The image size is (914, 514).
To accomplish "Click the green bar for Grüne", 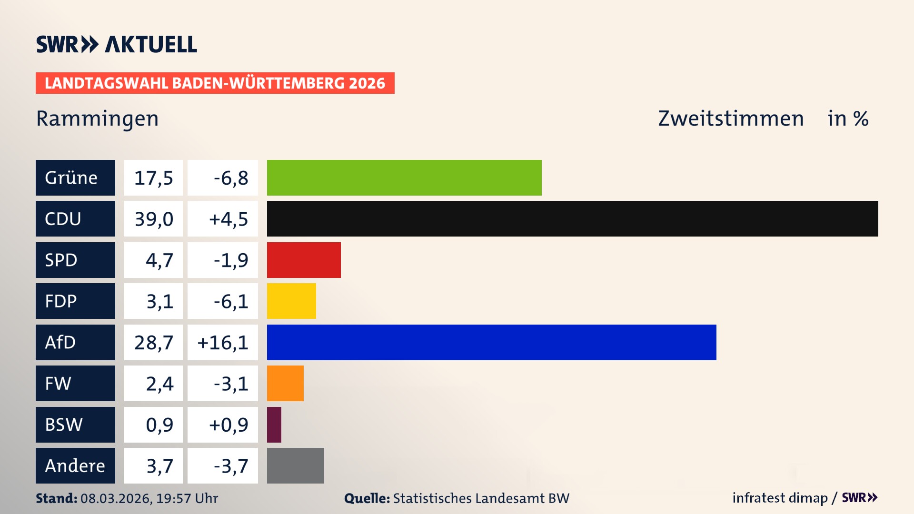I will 404,178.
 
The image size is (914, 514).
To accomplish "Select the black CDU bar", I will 572,219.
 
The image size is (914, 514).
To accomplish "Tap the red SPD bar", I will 304,260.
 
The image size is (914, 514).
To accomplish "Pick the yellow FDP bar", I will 291,301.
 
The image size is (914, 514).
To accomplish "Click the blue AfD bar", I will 491,342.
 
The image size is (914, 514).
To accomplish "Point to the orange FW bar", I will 285,383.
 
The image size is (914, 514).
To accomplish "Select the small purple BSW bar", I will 274,425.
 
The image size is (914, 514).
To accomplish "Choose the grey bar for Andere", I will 295,465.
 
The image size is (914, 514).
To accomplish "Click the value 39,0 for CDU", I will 153,219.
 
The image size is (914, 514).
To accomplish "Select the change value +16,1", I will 223,342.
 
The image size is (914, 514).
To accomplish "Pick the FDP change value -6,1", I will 230,301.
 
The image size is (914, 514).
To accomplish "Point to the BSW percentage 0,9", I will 159,425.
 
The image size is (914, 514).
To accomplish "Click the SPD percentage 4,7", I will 159,260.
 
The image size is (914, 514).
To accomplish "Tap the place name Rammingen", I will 97,119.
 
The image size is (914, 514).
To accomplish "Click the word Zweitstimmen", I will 731,119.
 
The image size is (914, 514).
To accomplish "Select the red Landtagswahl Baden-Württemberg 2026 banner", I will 215,83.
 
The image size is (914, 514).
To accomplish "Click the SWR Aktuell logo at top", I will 116,44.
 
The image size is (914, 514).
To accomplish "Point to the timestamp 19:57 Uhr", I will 187,498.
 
